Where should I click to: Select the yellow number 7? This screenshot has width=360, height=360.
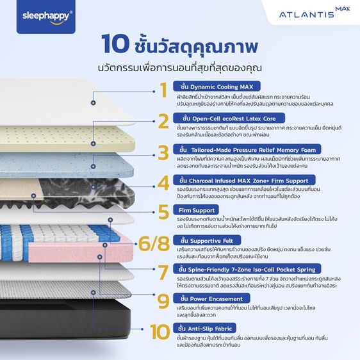[x=163, y=272]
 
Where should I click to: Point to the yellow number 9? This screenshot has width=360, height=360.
[x=163, y=300]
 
